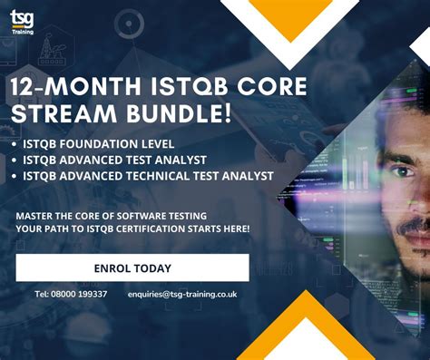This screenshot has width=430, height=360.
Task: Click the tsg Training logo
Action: tap(22, 22)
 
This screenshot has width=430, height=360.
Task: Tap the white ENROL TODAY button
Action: tap(132, 268)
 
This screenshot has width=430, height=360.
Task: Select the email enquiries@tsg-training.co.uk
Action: tap(182, 294)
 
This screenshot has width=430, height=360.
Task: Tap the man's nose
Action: tap(419, 195)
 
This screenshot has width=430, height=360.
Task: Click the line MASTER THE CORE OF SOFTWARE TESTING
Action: tap(112, 215)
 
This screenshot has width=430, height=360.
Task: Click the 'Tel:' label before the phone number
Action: tap(41, 294)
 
